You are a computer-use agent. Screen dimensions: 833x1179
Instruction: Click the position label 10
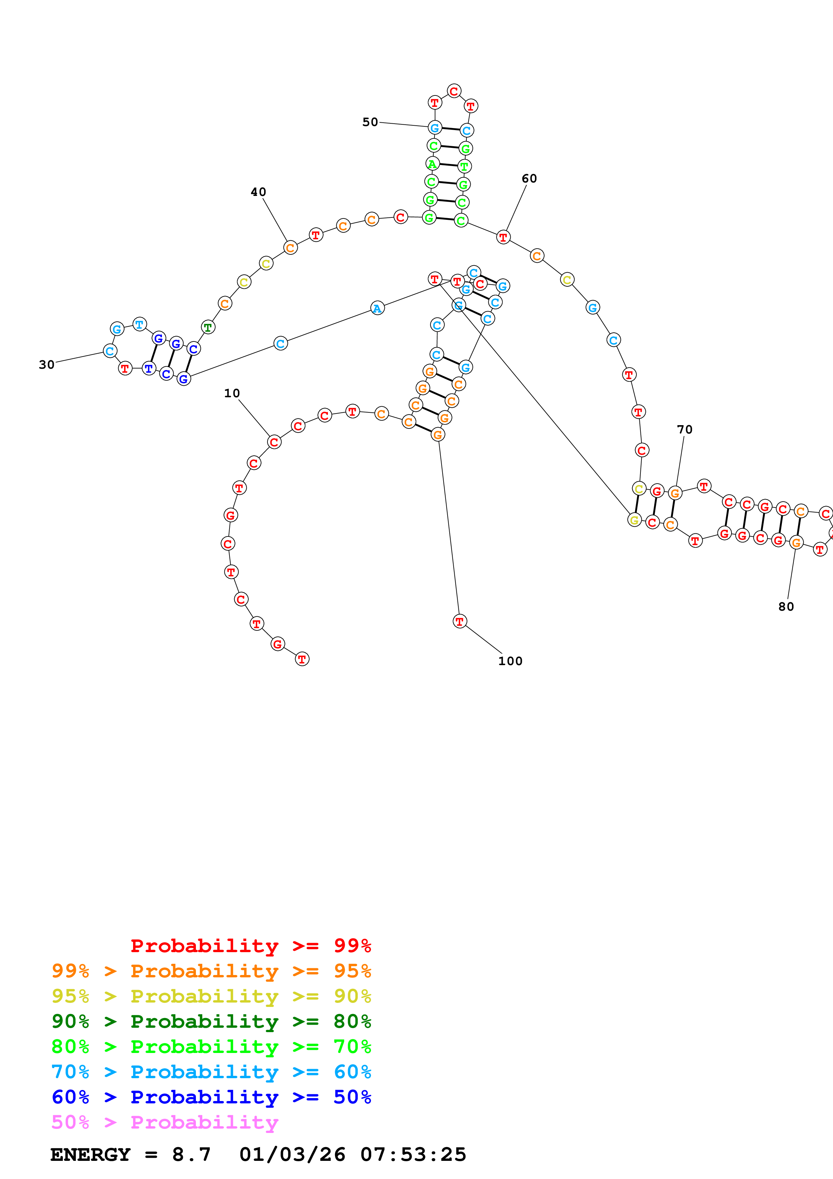tap(232, 393)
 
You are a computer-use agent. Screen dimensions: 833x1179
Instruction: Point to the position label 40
tap(258, 192)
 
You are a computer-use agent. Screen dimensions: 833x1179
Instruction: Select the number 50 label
tap(370, 122)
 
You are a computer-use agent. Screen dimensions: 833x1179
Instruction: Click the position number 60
tap(529, 179)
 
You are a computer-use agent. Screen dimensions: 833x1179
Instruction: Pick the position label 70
tap(685, 430)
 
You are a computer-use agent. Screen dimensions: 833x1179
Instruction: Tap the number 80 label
tap(786, 607)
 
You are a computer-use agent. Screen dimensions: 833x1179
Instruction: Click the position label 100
tap(510, 661)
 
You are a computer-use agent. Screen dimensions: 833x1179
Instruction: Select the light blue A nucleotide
tap(377, 309)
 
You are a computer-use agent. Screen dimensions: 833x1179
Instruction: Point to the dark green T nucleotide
tap(207, 327)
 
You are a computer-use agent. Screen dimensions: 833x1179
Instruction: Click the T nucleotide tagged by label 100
tap(459, 621)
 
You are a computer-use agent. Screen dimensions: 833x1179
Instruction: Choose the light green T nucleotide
tap(464, 166)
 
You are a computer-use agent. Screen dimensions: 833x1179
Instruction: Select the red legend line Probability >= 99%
tap(250, 946)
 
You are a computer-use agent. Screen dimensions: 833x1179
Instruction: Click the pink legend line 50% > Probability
tap(164, 1123)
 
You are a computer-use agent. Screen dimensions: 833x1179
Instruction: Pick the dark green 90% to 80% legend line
tap(211, 1021)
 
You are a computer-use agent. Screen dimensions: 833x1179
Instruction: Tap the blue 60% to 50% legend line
tap(211, 1097)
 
